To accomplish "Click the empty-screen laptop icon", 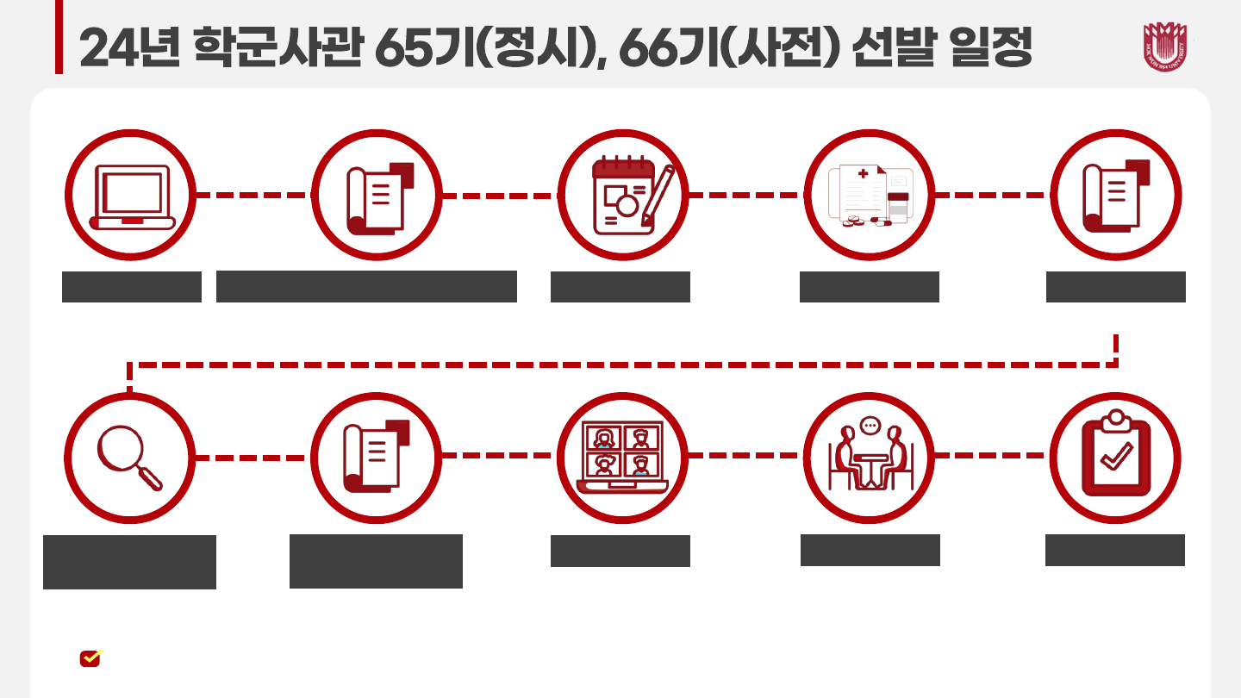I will point(132,196).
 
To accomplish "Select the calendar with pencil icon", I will point(623,196).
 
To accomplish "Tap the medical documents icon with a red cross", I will point(870,196).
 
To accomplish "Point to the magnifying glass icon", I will point(130,458).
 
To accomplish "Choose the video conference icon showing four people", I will point(623,458).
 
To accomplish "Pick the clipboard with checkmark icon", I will point(1116,458).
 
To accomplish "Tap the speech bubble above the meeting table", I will point(870,425).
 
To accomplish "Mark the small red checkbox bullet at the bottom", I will point(90,657).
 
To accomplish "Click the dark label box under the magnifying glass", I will point(129,562).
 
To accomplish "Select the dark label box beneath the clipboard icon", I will point(1115,550).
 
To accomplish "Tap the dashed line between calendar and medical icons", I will point(745,196).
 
